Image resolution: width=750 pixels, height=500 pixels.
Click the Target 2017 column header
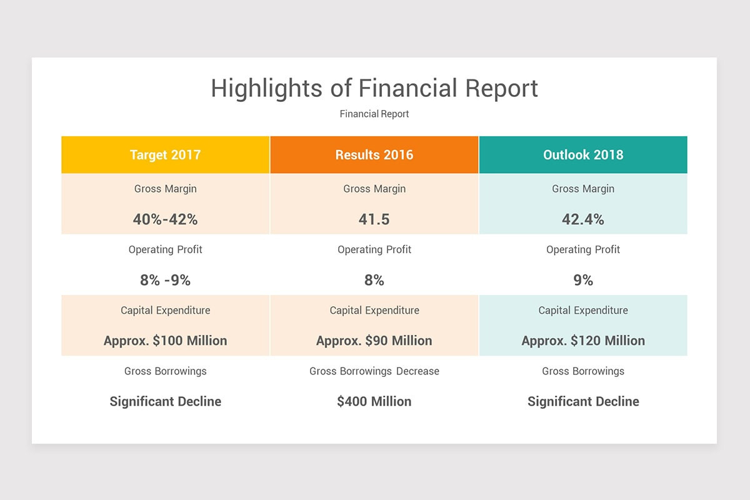coord(166,155)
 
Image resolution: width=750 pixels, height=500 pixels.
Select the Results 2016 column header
coord(374,155)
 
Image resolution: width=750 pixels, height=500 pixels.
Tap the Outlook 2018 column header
coord(583,155)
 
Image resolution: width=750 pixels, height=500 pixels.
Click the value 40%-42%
coord(166,219)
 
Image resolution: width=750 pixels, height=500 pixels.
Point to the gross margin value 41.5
coord(374,219)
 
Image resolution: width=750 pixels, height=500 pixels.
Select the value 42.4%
coord(583,219)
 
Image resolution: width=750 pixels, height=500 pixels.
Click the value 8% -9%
coord(166,280)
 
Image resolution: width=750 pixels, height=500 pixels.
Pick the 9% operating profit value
coord(583,280)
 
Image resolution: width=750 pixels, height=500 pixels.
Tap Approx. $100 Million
coord(166,341)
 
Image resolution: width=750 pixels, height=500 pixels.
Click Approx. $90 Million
coord(374,341)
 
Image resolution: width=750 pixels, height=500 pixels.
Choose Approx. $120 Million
coord(583,341)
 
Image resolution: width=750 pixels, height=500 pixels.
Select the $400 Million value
coord(374,401)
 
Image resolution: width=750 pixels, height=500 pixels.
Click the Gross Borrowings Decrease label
coord(374,371)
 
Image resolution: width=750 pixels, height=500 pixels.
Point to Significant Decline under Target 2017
coord(166,401)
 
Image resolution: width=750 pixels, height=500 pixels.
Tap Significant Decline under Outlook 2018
coord(583,401)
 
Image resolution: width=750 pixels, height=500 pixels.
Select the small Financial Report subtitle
coord(374,114)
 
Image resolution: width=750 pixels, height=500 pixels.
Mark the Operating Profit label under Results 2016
coord(374,249)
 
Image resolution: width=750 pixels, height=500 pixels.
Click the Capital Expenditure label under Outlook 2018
coord(583,310)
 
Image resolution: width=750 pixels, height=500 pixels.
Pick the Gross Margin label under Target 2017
coord(166,189)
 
